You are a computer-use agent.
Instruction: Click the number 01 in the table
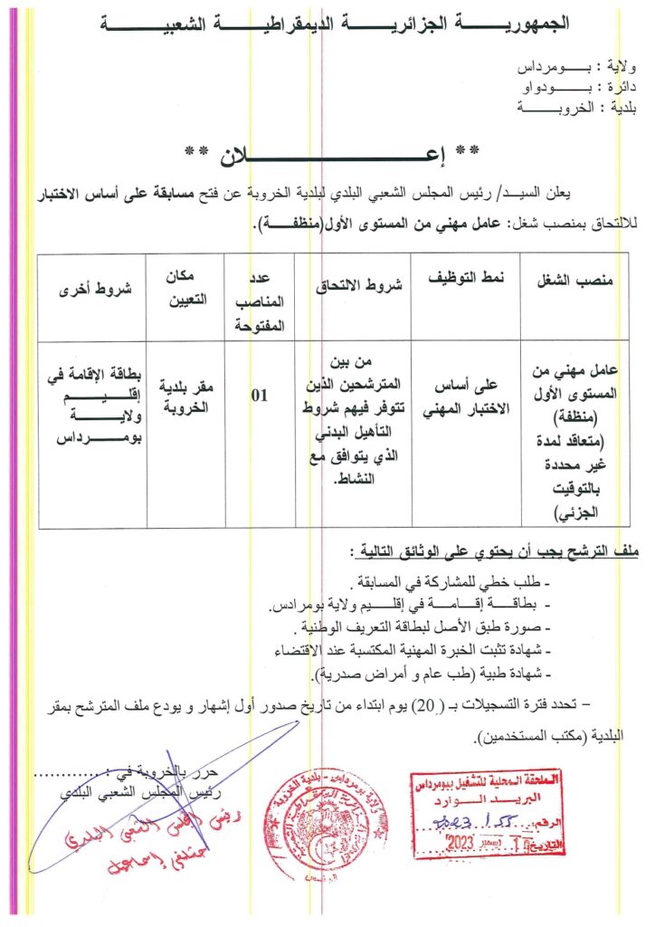tap(260, 395)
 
